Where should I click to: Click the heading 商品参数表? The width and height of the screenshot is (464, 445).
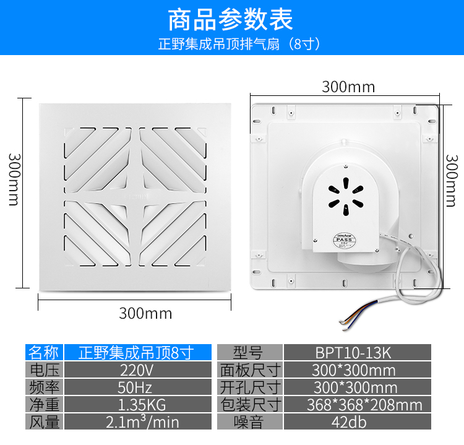[x=231, y=20]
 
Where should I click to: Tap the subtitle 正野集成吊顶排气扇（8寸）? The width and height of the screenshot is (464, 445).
[x=239, y=44]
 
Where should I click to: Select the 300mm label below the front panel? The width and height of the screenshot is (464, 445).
[x=145, y=313]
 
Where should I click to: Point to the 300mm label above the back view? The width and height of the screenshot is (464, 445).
[x=348, y=87]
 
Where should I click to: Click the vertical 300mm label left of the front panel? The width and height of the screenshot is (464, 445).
[x=14, y=179]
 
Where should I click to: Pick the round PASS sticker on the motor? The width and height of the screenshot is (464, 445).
[x=345, y=240]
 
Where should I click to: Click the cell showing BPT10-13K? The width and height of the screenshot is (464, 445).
[x=358, y=352]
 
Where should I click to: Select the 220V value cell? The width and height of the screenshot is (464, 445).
[x=138, y=369]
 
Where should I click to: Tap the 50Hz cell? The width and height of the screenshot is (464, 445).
[x=138, y=387]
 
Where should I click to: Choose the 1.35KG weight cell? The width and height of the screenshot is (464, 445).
[x=138, y=404]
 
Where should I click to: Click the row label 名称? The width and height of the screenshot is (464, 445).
[x=44, y=352]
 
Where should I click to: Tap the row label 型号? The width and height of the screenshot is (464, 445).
[x=250, y=352]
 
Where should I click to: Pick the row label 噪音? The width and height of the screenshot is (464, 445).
[x=250, y=421]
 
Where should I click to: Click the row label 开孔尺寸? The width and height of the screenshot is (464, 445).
[x=250, y=387]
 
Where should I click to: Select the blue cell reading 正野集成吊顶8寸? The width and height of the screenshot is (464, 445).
[x=138, y=352]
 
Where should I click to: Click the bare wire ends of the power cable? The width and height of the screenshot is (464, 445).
[x=345, y=325]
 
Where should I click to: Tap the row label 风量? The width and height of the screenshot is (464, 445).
[x=44, y=421]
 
